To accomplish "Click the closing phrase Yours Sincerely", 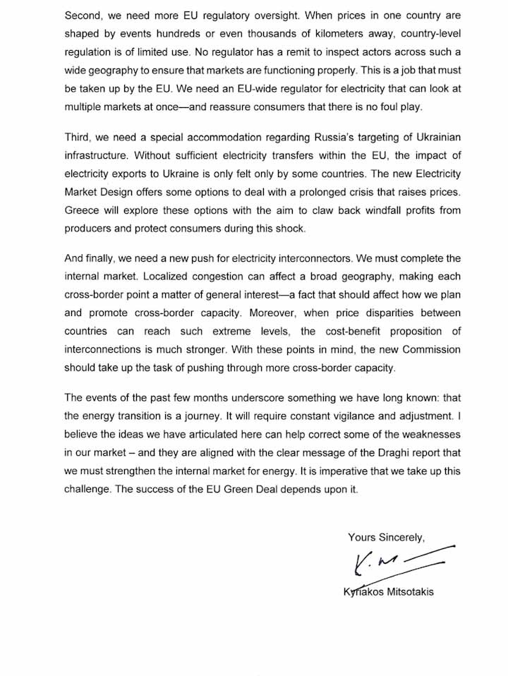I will [x=386, y=538].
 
